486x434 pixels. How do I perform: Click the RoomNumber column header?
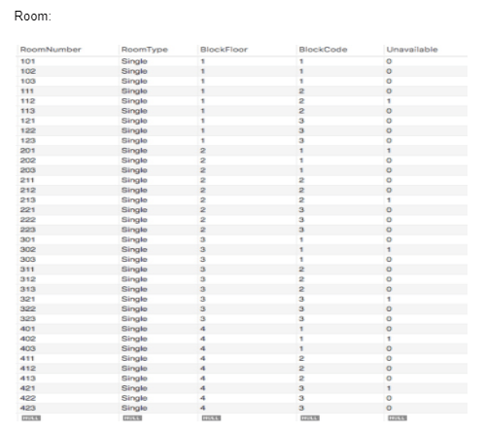(51, 49)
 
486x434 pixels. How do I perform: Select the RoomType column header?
(145, 49)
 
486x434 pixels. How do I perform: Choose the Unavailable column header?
(412, 49)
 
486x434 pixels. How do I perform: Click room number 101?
(27, 61)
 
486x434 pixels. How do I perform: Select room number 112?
(27, 99)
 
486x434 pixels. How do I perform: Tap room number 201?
(27, 151)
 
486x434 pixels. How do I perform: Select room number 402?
(27, 340)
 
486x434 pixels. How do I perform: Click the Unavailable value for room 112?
(389, 99)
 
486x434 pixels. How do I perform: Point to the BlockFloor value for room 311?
(203, 270)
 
